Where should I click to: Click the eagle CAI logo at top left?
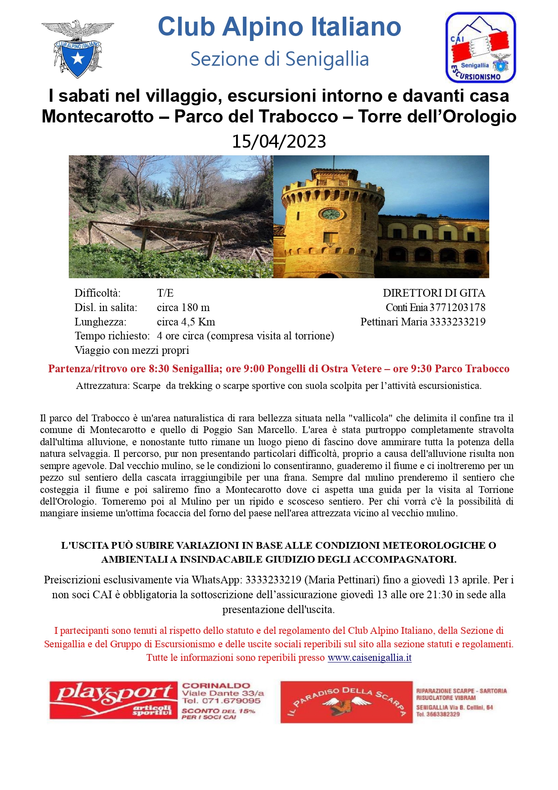[77, 49]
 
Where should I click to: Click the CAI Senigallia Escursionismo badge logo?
[480, 47]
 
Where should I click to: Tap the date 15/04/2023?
[279, 141]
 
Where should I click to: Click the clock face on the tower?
[331, 214]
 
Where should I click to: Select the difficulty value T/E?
[165, 293]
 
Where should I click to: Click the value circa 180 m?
[183, 307]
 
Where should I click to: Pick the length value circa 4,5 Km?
[186, 322]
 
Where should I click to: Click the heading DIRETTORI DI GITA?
[434, 293]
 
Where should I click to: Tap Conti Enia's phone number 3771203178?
[457, 307]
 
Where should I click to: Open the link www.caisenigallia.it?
[370, 658]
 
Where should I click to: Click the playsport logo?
[114, 700]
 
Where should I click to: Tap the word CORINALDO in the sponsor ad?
[216, 686]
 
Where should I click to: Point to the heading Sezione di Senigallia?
[280, 59]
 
